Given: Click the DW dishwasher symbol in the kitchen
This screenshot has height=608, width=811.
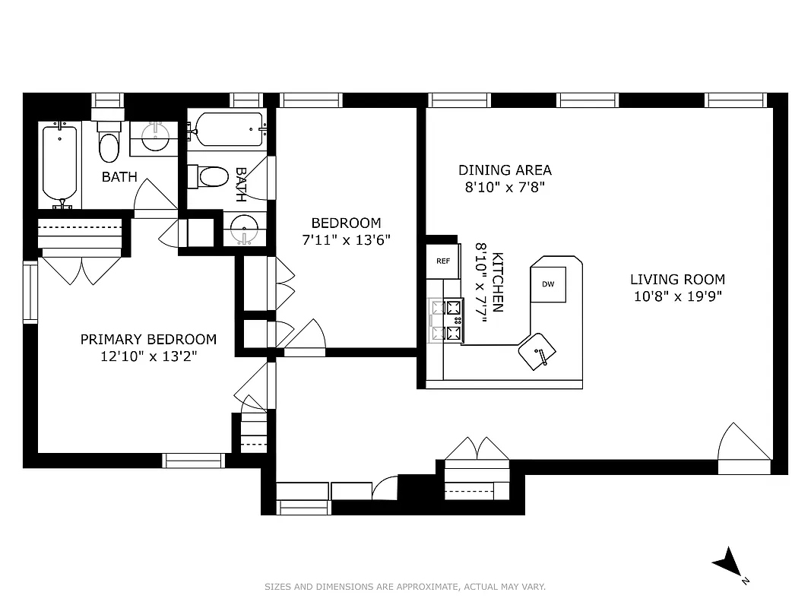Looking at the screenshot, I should coord(548,284).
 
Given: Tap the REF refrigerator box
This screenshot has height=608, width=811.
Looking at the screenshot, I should coord(443,261).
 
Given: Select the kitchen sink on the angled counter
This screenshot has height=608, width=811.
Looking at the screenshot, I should coord(537,350).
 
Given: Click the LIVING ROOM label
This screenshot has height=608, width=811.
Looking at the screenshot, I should coord(677,280).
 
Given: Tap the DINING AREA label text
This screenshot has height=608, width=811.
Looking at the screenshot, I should coord(505,170).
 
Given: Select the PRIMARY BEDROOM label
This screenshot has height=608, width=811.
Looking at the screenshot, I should coord(148,340).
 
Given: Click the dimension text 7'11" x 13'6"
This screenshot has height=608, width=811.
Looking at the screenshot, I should coord(346,239).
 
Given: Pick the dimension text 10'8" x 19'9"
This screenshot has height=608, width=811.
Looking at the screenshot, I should coord(677,296).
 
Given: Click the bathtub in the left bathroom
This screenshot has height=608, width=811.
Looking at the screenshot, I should coord(59,163).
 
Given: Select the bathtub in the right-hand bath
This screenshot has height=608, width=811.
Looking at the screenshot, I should coord(228,129).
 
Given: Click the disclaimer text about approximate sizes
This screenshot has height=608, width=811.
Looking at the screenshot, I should coord(405,587).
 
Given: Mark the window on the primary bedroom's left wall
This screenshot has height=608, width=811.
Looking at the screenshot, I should coord(30,292).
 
